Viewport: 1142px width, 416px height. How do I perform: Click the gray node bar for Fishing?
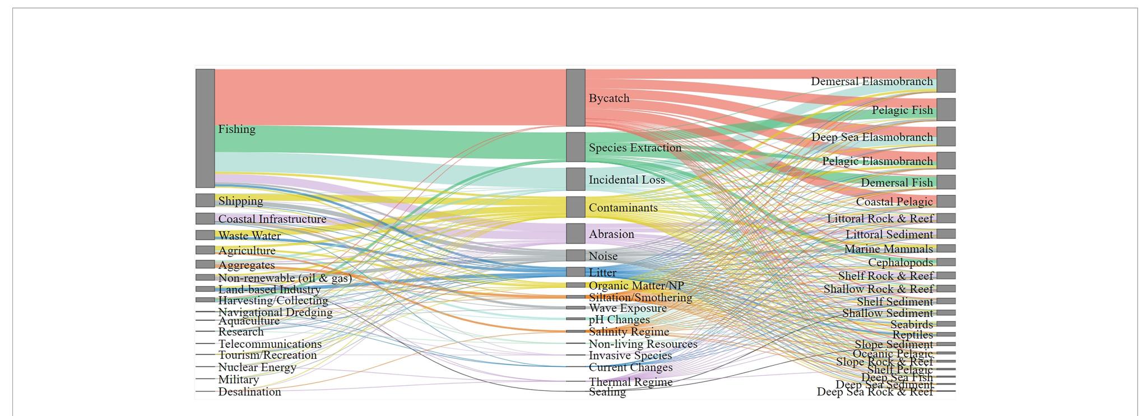tap(205, 128)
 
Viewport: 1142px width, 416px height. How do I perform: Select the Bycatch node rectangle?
tap(575, 98)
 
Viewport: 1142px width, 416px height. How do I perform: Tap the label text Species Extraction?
tap(635, 148)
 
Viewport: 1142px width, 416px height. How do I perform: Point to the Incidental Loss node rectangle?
tap(575, 179)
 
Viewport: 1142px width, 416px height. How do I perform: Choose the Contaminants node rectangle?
tap(575, 207)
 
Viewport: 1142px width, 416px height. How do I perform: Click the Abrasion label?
tap(611, 234)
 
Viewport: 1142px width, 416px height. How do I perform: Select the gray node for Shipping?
tap(205, 200)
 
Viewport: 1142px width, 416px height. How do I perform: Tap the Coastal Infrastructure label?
tap(272, 219)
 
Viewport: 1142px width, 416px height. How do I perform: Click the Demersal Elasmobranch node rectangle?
tap(946, 81)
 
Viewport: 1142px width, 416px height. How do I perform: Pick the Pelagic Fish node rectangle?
tap(946, 110)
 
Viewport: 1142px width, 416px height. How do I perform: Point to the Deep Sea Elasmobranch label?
tap(872, 137)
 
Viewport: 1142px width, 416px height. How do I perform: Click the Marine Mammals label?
tap(889, 249)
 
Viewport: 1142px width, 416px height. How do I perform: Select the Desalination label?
tap(249, 392)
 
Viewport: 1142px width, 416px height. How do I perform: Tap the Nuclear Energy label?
tap(257, 367)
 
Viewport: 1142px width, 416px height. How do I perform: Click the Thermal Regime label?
tap(630, 382)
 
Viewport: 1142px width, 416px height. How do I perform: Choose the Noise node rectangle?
tap(575, 256)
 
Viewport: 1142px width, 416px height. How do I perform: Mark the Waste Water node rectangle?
tap(205, 235)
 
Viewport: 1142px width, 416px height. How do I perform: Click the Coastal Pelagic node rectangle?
tap(946, 202)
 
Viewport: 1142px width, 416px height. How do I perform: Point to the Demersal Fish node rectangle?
tap(946, 182)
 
